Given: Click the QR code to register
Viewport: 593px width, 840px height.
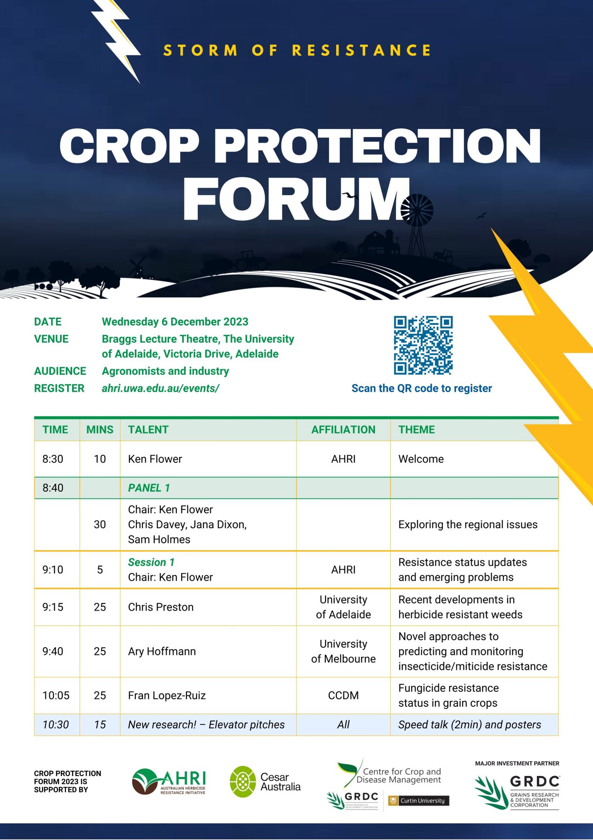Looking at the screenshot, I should tap(423, 345).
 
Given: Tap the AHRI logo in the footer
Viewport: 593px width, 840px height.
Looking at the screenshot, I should tap(169, 782).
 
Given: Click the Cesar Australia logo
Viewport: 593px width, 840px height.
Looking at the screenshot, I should tap(265, 782).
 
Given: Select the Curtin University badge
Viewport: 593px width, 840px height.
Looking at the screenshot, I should tap(418, 801).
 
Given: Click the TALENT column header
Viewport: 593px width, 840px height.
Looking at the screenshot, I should tap(148, 429).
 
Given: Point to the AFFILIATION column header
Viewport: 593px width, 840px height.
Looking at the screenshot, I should tap(343, 429).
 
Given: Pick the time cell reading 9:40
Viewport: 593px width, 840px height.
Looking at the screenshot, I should tap(53, 651).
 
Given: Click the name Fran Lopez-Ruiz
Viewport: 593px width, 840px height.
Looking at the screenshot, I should tap(167, 695).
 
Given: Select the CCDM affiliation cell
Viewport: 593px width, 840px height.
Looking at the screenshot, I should tap(343, 695).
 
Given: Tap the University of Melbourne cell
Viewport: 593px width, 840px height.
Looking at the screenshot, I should tap(343, 651).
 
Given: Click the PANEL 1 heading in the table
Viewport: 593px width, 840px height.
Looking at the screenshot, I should tap(149, 488).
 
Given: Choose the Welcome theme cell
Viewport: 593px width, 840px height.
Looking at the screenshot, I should tap(421, 459).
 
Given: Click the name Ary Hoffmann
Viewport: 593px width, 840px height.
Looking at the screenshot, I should tap(162, 651).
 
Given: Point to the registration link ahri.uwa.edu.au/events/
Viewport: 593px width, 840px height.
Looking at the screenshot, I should tap(160, 388).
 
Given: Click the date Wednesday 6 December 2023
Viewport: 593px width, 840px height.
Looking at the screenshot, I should tap(175, 322).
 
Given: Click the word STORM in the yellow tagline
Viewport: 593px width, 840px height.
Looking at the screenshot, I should tap(201, 50).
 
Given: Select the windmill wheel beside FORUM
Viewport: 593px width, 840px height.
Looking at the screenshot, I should tap(417, 210).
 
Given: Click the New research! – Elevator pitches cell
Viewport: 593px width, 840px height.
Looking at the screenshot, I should tap(206, 725).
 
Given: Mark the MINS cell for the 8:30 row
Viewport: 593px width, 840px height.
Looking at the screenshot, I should tap(100, 459).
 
